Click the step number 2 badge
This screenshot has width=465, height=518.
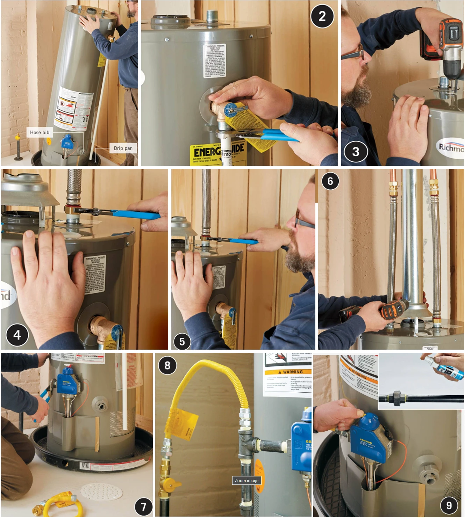(322, 16)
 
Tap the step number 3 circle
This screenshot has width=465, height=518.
(356, 152)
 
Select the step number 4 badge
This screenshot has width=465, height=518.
(17, 335)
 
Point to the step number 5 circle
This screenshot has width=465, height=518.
(182, 342)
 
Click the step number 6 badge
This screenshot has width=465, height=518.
(330, 181)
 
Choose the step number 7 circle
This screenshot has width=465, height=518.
(143, 506)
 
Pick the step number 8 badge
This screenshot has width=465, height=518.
(167, 365)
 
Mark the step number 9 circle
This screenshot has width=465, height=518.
(449, 505)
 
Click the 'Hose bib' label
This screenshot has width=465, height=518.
(40, 132)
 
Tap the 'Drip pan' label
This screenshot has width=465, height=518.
(123, 148)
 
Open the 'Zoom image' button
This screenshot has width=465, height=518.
(246, 481)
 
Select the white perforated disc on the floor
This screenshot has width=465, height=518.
(101, 491)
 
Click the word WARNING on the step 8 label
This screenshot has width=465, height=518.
(293, 372)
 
